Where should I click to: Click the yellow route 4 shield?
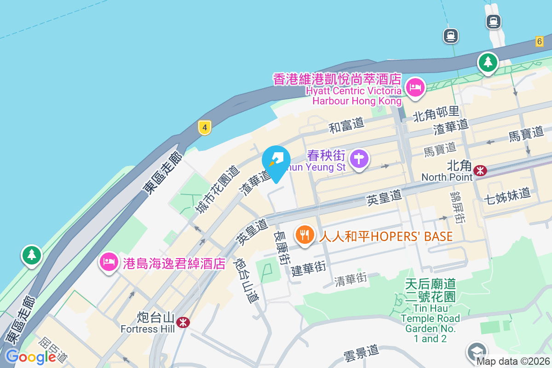[x=205, y=127]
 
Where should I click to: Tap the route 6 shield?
[x=540, y=41]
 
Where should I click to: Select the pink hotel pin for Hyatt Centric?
[x=415, y=87]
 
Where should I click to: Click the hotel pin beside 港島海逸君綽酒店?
[x=109, y=263]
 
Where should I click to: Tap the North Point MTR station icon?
[x=480, y=171]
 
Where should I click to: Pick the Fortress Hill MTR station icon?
[x=183, y=322]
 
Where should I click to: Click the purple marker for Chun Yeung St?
[x=359, y=159]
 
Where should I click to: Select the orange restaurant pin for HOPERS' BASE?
[x=304, y=236]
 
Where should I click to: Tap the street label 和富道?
[x=346, y=124]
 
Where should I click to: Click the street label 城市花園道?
[x=218, y=190]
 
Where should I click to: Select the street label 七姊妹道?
[x=507, y=195]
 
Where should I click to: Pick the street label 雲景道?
[x=361, y=353]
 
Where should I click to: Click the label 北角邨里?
[x=436, y=111]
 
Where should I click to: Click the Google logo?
[x=30, y=356]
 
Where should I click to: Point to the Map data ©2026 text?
[x=512, y=361]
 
